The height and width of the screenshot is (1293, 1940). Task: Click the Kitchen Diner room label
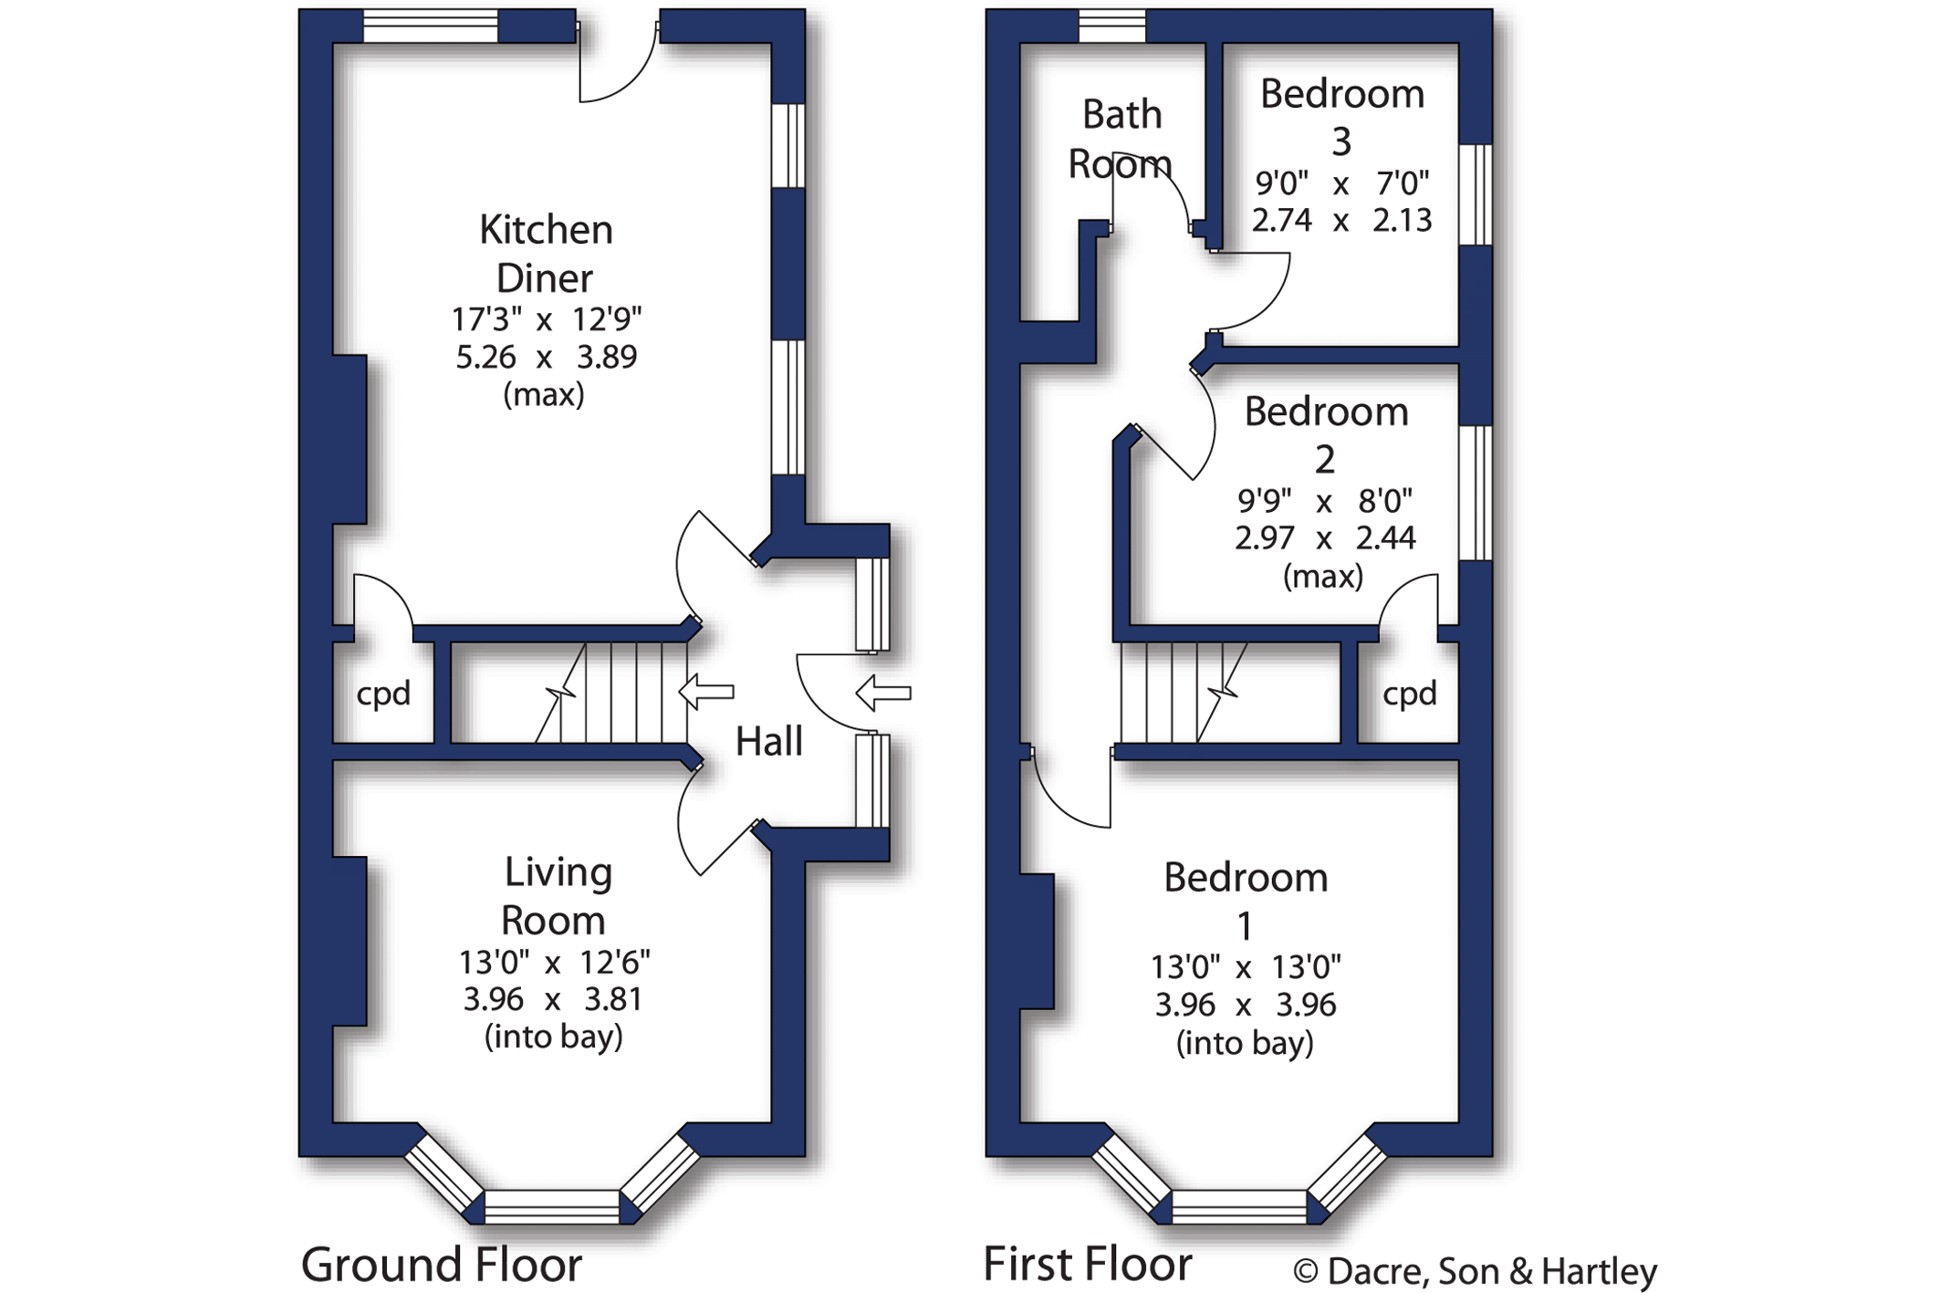(546, 253)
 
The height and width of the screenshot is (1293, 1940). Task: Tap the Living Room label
(556, 896)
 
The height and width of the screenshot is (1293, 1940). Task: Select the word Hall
(769, 741)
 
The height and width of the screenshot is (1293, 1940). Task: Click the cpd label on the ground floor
(383, 694)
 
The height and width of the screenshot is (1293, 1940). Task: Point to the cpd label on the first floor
(1410, 694)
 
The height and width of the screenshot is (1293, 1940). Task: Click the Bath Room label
(1121, 140)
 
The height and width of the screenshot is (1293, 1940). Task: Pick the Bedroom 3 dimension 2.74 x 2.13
(1341, 221)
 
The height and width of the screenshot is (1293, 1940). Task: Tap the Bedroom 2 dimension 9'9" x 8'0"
(1325, 501)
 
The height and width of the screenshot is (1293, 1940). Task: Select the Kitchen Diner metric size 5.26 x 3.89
(546, 357)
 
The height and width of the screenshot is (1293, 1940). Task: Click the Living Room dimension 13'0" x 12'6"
(554, 963)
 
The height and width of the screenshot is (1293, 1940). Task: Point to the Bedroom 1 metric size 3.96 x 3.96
(1246, 1005)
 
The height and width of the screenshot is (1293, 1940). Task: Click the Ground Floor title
(442, 1265)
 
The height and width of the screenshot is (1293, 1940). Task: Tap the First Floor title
(1088, 1265)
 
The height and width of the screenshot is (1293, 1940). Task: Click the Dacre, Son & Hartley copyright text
(1475, 1271)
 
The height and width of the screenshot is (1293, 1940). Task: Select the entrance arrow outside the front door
(883, 693)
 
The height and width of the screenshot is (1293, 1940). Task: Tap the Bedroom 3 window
(1476, 194)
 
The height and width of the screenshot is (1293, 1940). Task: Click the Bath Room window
(1112, 26)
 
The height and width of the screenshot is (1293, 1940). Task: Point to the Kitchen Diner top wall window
(431, 26)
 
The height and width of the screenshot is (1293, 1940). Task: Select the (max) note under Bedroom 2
(1323, 577)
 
